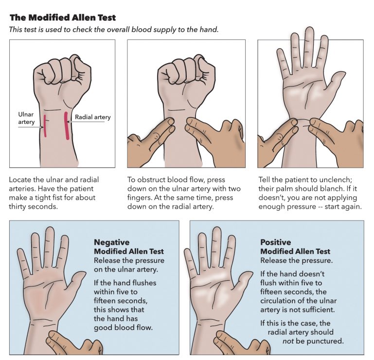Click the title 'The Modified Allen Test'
[63, 18]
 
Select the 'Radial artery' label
[92, 117]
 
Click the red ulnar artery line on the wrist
[44, 126]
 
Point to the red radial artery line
[66, 125]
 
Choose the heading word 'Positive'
[275, 242]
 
